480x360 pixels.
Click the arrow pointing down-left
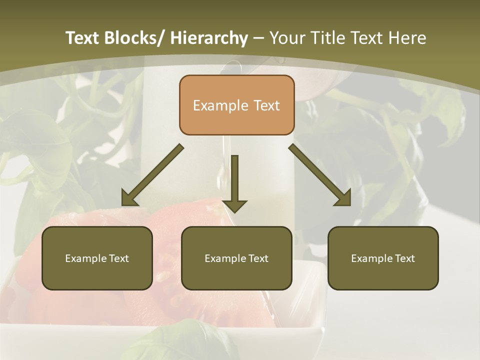152,175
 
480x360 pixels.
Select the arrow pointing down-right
320,175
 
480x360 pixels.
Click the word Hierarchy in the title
208,38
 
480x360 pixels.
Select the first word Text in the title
83,38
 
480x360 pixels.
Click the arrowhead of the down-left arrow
129,198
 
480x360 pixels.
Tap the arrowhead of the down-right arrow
343,198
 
